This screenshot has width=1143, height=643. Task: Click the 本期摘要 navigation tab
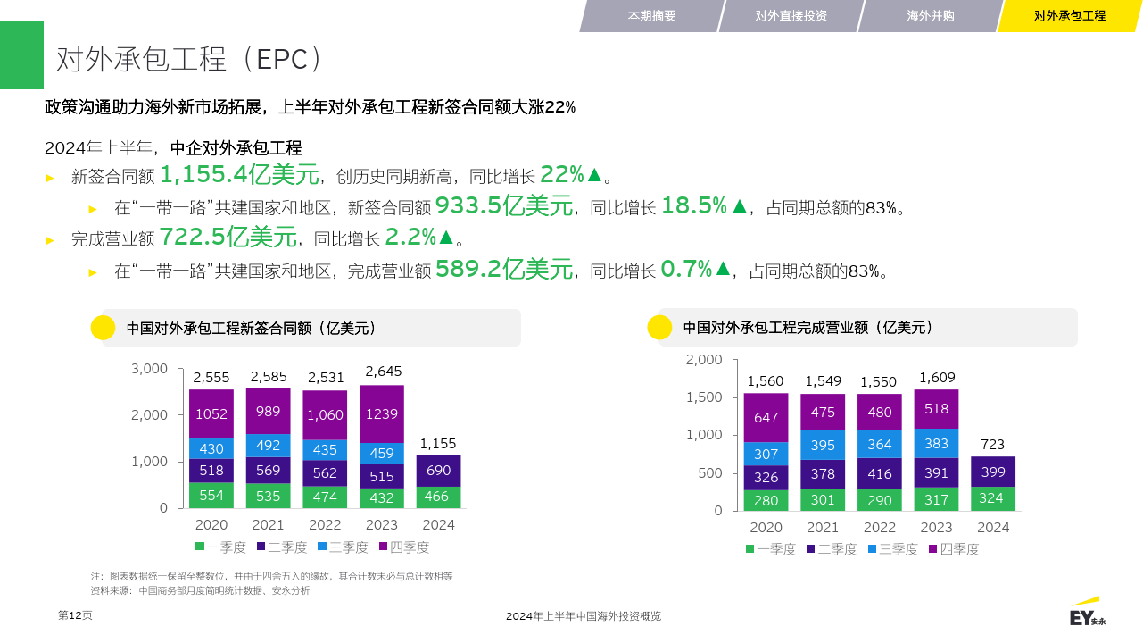coord(651,16)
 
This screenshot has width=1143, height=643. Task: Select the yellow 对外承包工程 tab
coord(1069,16)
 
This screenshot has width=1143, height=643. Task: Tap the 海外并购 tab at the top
coord(930,16)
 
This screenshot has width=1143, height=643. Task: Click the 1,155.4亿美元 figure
coord(239,174)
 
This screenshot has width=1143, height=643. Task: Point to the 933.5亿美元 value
coord(503,206)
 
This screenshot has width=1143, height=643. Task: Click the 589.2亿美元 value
coord(503,269)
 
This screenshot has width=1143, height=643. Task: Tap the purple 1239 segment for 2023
coord(382,414)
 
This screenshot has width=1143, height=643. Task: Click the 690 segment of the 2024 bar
coord(438,471)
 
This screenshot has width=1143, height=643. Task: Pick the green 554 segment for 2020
coord(211,496)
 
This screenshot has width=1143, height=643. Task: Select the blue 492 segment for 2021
coord(268,445)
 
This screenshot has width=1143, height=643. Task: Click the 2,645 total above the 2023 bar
coord(384,371)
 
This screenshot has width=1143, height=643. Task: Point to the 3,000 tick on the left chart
coord(149,368)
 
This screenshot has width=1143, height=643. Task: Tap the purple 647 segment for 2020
coord(766,417)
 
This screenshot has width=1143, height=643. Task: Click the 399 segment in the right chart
coord(992,472)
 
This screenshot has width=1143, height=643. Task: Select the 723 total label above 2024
coord(992,444)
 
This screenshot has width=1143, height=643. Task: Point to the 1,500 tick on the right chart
coord(704,397)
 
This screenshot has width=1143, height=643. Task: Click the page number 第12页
coord(75,615)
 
